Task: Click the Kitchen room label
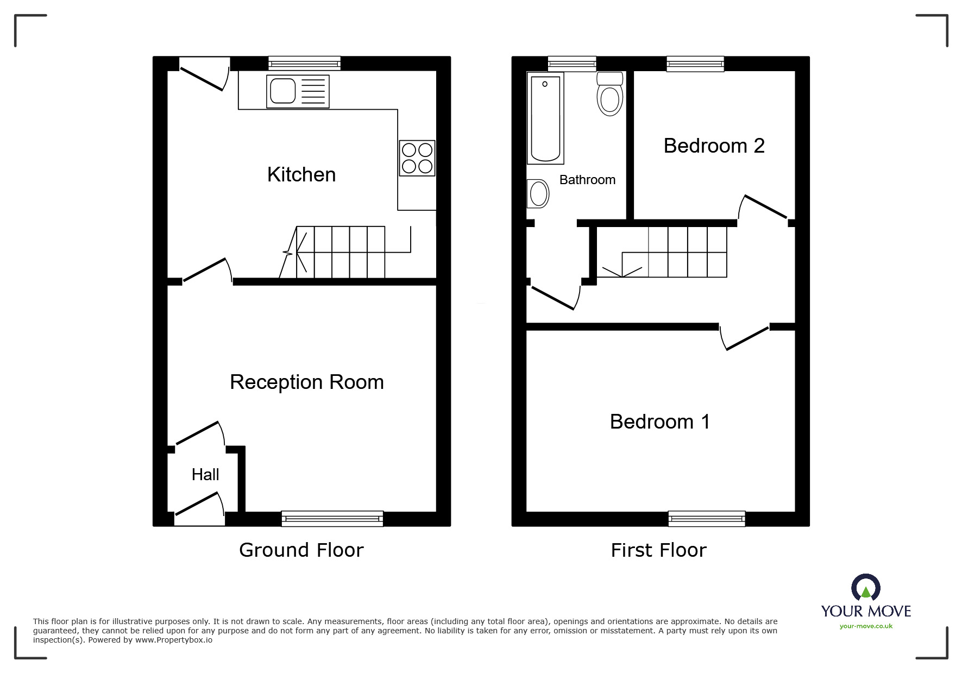301,175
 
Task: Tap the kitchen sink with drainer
298,91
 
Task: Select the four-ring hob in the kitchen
417,158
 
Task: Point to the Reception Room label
307,382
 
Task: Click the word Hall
205,475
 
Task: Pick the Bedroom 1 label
660,422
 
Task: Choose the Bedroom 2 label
714,146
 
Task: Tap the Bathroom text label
587,180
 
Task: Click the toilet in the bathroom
609,95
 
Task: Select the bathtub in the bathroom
545,118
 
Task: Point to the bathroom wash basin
539,193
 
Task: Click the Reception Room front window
332,519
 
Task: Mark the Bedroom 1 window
706,519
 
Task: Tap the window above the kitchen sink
304,64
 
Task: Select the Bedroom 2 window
695,64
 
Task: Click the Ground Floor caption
301,550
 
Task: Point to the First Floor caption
658,550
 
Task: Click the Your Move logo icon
865,588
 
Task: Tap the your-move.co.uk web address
866,626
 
